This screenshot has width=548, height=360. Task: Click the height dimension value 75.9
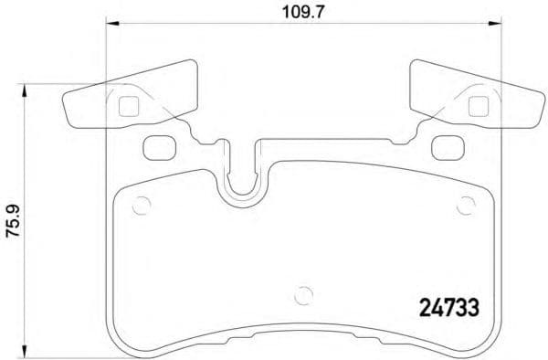click(x=13, y=222)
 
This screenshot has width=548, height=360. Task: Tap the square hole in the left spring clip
click(x=128, y=105)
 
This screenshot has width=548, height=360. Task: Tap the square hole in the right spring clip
click(x=476, y=105)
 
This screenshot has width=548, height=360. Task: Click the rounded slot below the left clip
click(x=159, y=144)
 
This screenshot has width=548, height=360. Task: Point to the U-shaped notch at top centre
click(x=243, y=177)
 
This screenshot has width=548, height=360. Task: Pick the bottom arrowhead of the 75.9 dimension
click(x=26, y=352)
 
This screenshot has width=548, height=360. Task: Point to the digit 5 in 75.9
click(x=13, y=228)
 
